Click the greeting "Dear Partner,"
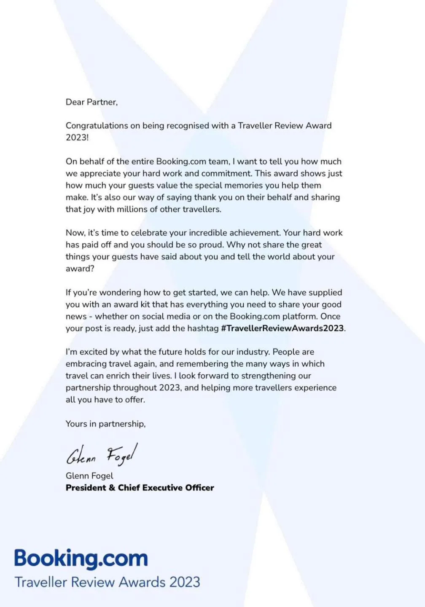pos(91,102)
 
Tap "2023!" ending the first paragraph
pos(77,137)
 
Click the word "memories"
pos(241,185)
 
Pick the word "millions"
pos(134,209)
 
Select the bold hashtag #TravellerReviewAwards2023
pos(282,328)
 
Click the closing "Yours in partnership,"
pos(105,424)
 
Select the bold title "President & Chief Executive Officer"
pos(140,488)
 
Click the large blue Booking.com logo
pos(81,559)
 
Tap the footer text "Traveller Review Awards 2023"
pos(108,582)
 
